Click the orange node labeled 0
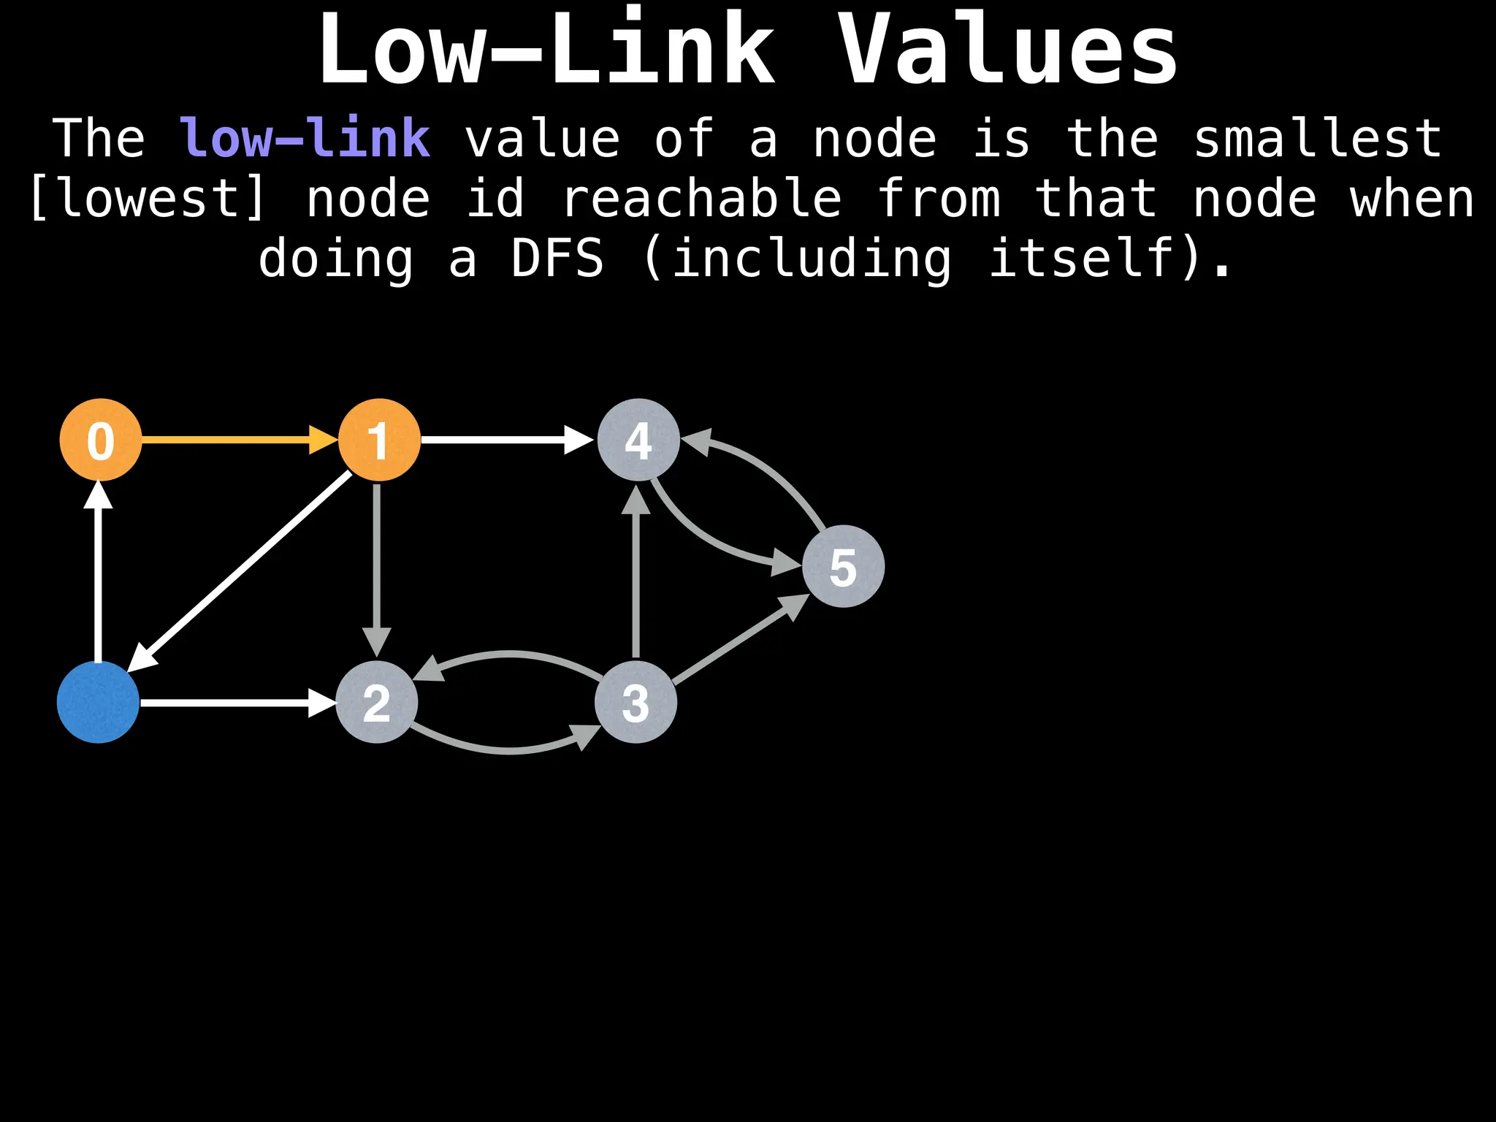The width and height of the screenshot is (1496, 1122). click(101, 440)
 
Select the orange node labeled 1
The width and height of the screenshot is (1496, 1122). click(379, 440)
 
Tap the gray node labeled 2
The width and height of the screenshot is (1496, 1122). click(376, 702)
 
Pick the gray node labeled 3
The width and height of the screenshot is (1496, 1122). click(636, 702)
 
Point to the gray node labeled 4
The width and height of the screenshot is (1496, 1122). click(638, 440)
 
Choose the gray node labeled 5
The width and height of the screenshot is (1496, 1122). click(843, 566)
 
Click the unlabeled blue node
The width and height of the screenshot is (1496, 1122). click(98, 702)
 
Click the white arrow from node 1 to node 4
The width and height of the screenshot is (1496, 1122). click(504, 440)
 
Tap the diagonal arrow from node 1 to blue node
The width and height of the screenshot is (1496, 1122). click(241, 570)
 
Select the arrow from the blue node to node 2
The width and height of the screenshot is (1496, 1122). click(234, 703)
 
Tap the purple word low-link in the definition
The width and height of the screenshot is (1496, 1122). click(305, 138)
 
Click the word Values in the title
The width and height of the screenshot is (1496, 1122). click(1008, 51)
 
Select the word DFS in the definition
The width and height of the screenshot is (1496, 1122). click(557, 259)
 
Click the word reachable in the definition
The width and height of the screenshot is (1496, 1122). click(701, 199)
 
